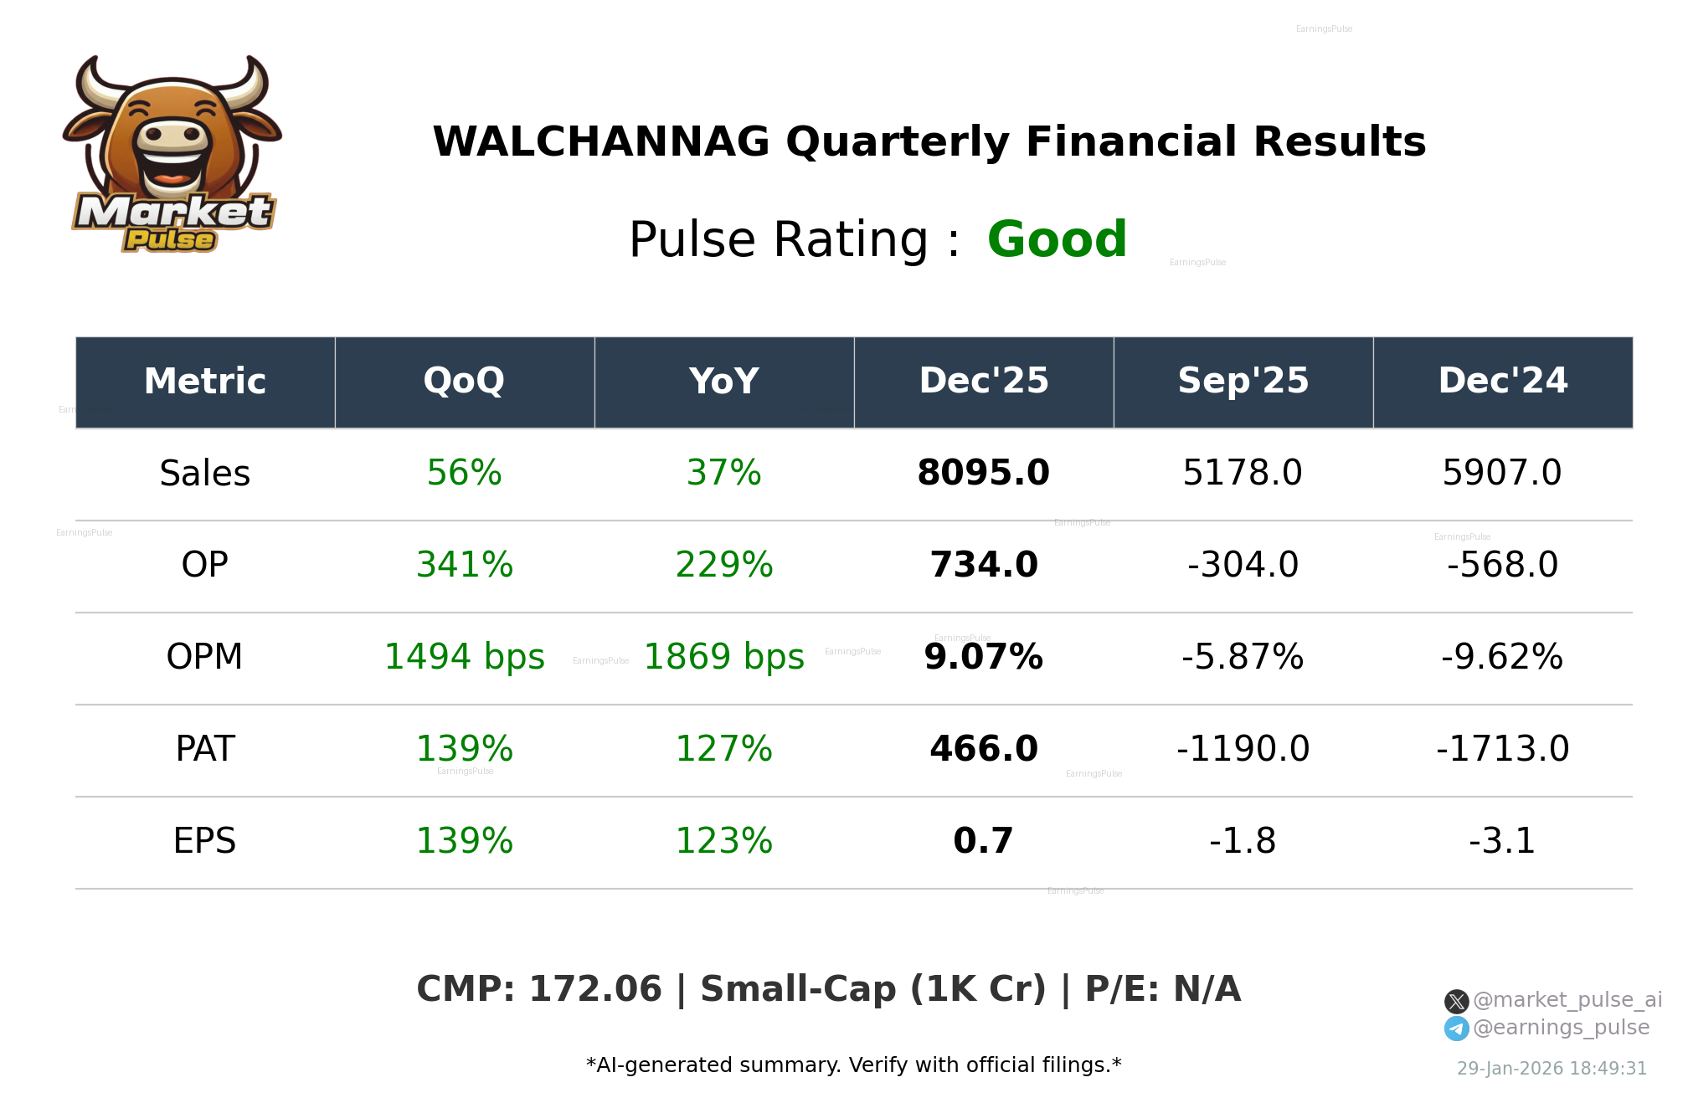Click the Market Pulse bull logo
(x=172, y=155)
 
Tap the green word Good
(x=1057, y=239)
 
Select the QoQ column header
(x=464, y=382)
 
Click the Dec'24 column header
(x=1502, y=382)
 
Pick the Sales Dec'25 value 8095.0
(x=983, y=474)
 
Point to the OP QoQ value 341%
(x=464, y=566)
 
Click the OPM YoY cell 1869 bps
(x=723, y=658)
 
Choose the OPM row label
(x=204, y=658)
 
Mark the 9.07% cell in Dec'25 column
(x=983, y=658)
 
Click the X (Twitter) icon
(x=1456, y=1001)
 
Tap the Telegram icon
(x=1456, y=1029)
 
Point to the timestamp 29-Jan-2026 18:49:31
(x=1552, y=1069)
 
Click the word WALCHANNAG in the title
(x=600, y=142)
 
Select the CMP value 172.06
(x=595, y=989)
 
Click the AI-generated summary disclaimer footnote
(x=853, y=1065)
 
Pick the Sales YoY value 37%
(x=723, y=474)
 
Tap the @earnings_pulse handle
(x=1561, y=1028)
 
